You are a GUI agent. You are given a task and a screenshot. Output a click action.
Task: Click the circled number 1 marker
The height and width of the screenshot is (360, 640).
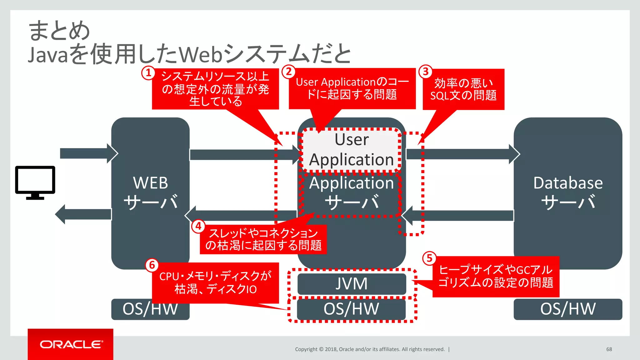[148, 73]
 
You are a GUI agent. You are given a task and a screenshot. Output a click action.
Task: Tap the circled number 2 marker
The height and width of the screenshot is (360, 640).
[289, 72]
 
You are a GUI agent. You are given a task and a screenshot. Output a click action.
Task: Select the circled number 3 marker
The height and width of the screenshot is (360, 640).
[425, 72]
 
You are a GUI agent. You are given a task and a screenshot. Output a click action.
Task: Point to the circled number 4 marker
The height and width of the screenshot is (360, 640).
[198, 226]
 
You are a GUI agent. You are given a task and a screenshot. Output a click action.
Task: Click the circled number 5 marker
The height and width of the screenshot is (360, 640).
[429, 258]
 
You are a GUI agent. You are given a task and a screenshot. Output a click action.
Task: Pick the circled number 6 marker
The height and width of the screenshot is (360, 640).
[152, 265]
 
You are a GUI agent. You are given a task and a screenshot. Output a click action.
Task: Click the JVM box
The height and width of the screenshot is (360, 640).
[352, 284]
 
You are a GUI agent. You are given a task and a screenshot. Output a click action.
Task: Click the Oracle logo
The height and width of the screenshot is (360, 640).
[71, 344]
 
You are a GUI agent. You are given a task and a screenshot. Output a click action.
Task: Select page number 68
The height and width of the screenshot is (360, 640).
[609, 349]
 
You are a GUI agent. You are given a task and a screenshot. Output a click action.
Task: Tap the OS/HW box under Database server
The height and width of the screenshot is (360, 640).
[568, 309]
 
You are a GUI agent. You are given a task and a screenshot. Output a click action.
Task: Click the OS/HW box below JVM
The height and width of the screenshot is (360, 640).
[352, 309]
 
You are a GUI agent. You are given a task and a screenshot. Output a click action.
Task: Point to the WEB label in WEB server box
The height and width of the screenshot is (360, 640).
[150, 183]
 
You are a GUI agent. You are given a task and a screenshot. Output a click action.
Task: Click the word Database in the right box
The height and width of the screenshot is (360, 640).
[568, 183]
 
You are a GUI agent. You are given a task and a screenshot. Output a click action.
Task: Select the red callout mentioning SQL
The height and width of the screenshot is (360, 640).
[463, 89]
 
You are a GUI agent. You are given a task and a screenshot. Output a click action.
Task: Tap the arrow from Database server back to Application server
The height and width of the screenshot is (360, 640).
[459, 216]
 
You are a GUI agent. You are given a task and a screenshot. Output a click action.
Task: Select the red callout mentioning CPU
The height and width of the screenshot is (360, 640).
[215, 282]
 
